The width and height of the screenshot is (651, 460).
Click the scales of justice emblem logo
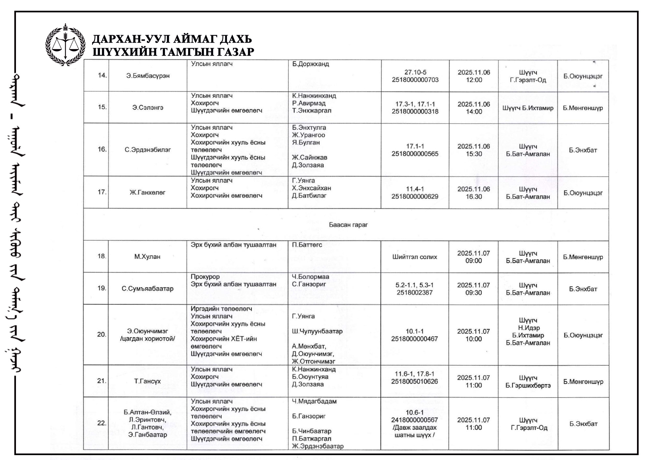tap(65, 45)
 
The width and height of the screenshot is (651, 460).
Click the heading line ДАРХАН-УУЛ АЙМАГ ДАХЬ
tap(172, 39)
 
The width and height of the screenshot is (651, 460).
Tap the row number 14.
tap(102, 75)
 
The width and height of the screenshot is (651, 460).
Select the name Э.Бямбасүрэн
tap(148, 76)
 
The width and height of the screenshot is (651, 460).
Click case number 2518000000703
tap(415, 80)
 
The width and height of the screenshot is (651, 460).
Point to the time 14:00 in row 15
tap(474, 112)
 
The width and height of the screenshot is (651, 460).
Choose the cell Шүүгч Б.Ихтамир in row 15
tap(528, 108)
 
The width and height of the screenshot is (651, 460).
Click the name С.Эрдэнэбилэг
tap(147, 150)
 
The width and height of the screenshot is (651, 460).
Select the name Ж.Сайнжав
tap(309, 157)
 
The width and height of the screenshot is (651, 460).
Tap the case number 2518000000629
tap(415, 196)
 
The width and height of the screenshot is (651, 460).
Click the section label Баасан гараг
tap(348, 225)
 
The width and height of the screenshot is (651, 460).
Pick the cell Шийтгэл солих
tap(414, 257)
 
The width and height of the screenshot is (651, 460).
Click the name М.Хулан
tap(147, 257)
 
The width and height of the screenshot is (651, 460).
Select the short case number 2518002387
tap(414, 292)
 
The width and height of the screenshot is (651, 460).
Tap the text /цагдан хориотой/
tap(147, 339)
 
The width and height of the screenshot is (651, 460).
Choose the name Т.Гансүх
tap(147, 381)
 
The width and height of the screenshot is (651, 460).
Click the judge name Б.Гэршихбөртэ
tap(528, 386)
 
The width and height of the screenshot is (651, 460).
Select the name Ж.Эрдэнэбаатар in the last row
tap(318, 446)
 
